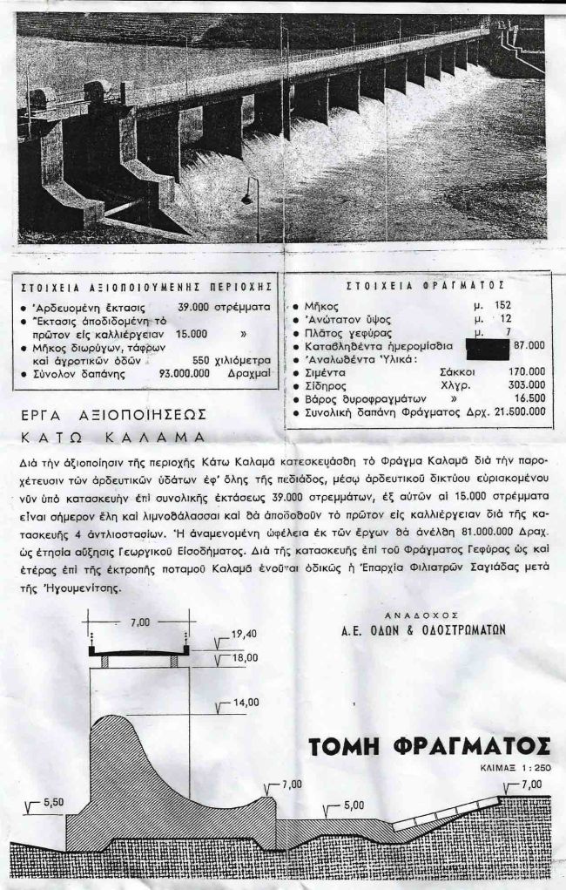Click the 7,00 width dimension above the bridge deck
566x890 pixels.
point(141,624)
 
